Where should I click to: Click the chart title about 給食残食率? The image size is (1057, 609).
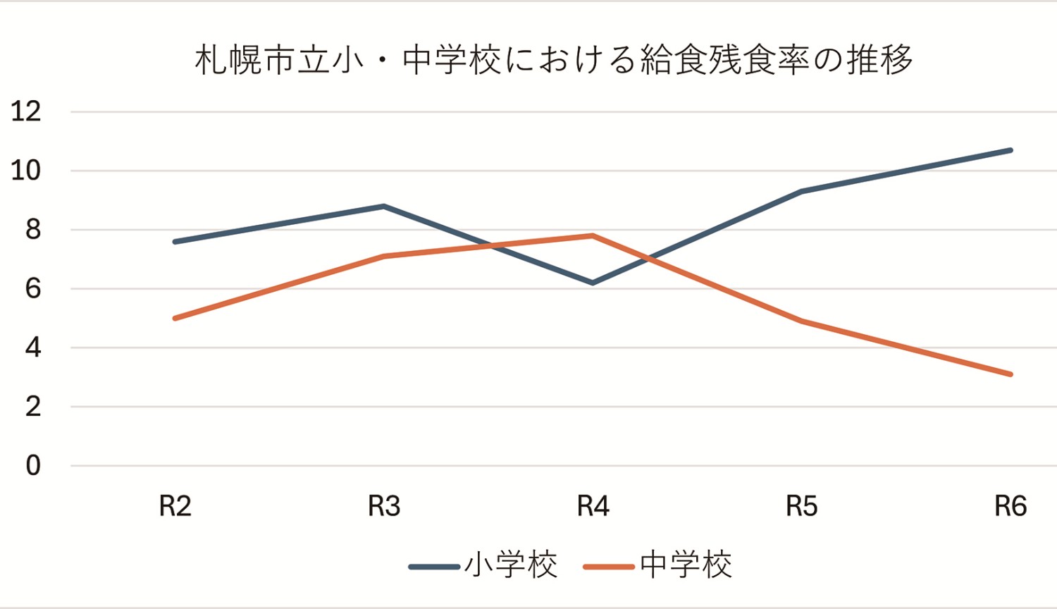coord(554,61)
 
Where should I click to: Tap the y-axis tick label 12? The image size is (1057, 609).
coord(26,111)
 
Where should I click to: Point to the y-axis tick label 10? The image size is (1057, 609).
coord(26,171)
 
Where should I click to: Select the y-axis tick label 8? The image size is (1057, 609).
coord(33,230)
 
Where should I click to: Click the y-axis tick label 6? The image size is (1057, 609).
coord(33,289)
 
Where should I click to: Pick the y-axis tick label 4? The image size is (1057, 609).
coord(33,347)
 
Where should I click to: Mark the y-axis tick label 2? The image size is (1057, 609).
coord(33,407)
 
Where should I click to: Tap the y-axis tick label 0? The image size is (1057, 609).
coord(33,466)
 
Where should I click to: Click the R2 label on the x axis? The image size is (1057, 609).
coord(175,506)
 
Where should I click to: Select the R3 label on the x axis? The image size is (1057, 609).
coord(384,506)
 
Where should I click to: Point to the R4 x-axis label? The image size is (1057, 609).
coord(593,506)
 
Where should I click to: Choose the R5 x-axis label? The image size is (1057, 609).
coord(802,506)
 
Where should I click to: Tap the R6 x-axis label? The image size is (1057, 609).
coord(1010,506)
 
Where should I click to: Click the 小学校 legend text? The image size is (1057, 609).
coord(511,565)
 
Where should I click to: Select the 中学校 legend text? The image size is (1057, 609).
coord(686,565)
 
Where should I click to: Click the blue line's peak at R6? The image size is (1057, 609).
coord(1010,150)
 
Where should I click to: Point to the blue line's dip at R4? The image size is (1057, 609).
coord(593,283)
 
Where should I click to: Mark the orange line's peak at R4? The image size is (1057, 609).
coord(593,235)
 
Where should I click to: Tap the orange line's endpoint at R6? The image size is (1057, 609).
coord(1010,374)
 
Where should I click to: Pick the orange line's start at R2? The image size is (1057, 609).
coord(175,319)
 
